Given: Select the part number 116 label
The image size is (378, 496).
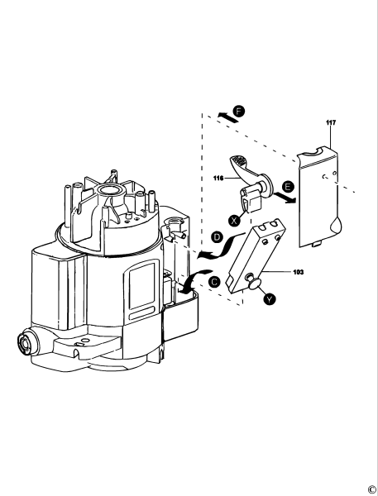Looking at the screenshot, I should click(218, 178).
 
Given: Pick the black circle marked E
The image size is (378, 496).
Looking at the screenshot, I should click(288, 188).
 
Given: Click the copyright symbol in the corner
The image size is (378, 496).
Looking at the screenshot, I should click(371, 489).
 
